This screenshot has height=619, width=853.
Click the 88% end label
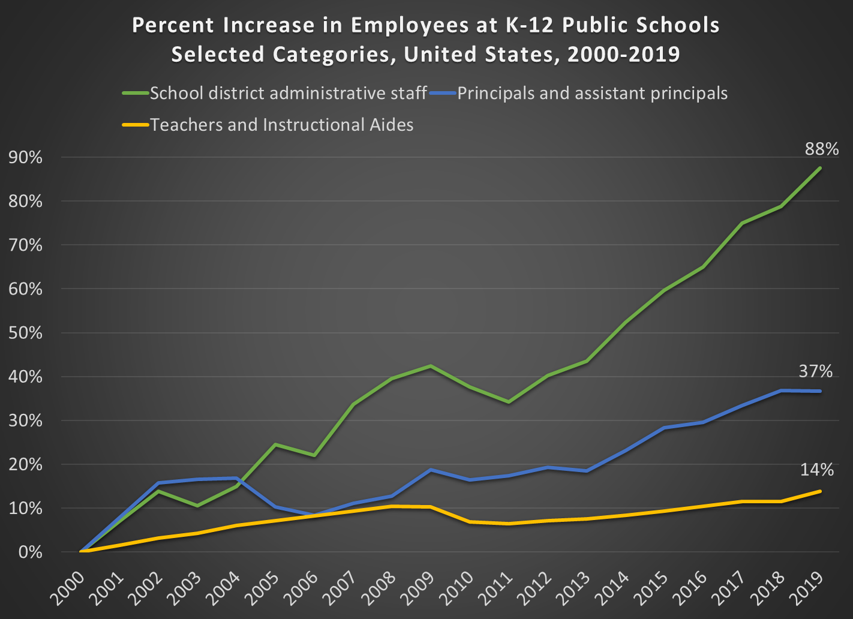tap(821, 149)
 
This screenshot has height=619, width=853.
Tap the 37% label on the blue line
tap(815, 372)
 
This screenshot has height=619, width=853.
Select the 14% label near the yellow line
tap(816, 470)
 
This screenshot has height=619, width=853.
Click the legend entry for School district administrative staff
tap(288, 94)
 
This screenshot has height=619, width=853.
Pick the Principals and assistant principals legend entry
tap(592, 94)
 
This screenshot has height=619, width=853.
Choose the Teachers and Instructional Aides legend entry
tap(281, 125)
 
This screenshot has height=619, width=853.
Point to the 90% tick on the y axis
tap(26, 158)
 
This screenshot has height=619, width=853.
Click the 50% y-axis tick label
tap(26, 333)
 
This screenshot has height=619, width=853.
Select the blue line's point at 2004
tap(237, 478)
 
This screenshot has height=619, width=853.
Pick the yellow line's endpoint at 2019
tap(820, 491)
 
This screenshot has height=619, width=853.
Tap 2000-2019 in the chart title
tap(623, 55)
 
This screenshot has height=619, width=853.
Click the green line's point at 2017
tap(742, 223)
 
